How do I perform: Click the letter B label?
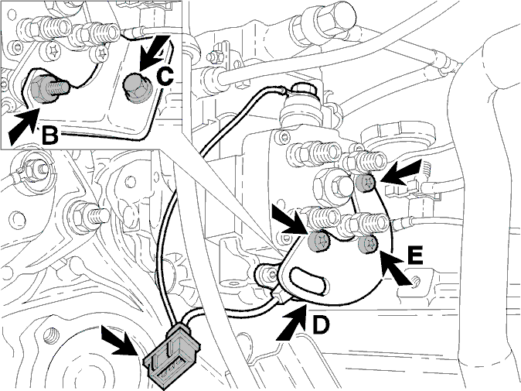49,135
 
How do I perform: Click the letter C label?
165,76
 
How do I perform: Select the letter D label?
321,324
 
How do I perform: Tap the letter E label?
414,256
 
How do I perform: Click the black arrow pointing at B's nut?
22,125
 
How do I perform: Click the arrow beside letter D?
291,322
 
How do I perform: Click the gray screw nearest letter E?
368,245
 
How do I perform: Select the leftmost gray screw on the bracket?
318,240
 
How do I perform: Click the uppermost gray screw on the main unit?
365,183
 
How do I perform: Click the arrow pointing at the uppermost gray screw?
401,173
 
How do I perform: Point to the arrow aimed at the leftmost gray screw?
288,220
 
